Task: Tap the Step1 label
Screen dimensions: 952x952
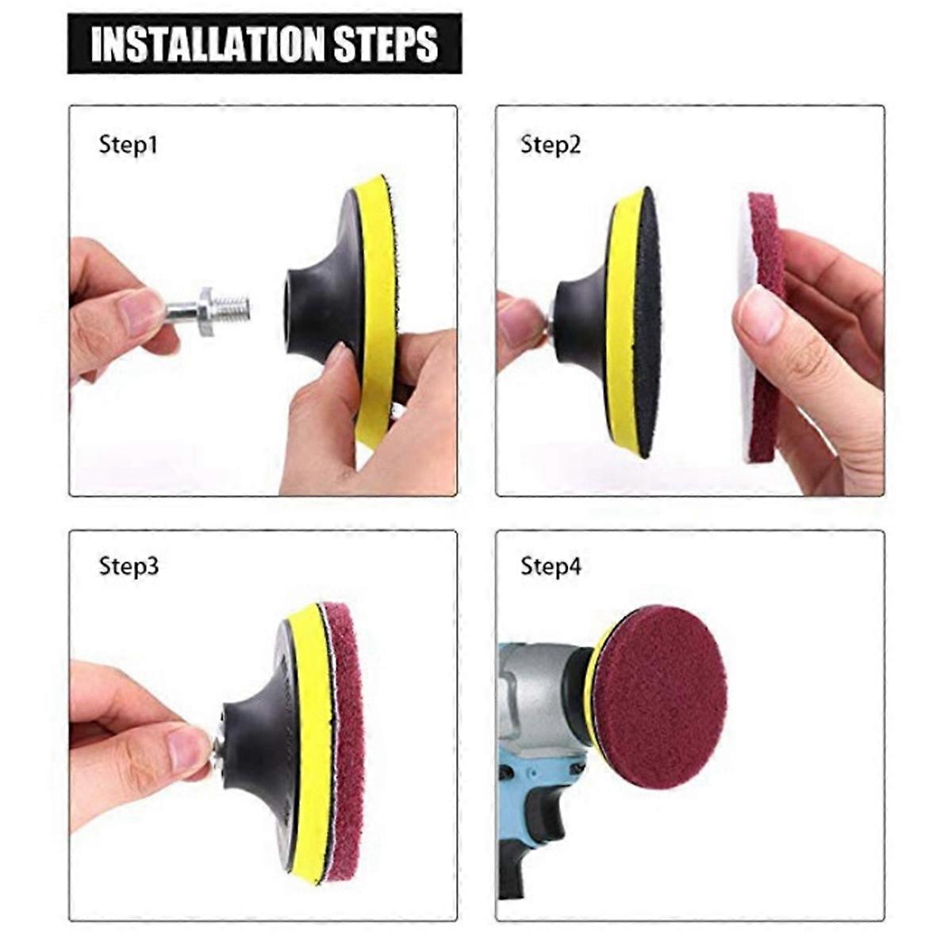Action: [x=128, y=145]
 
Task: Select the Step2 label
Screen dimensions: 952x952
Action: [x=551, y=145]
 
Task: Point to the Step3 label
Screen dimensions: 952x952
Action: [x=129, y=566]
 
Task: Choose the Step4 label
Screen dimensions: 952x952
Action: [x=551, y=566]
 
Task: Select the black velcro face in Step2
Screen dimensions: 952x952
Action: [x=647, y=317]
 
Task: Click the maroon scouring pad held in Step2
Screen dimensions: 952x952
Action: [x=765, y=238]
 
